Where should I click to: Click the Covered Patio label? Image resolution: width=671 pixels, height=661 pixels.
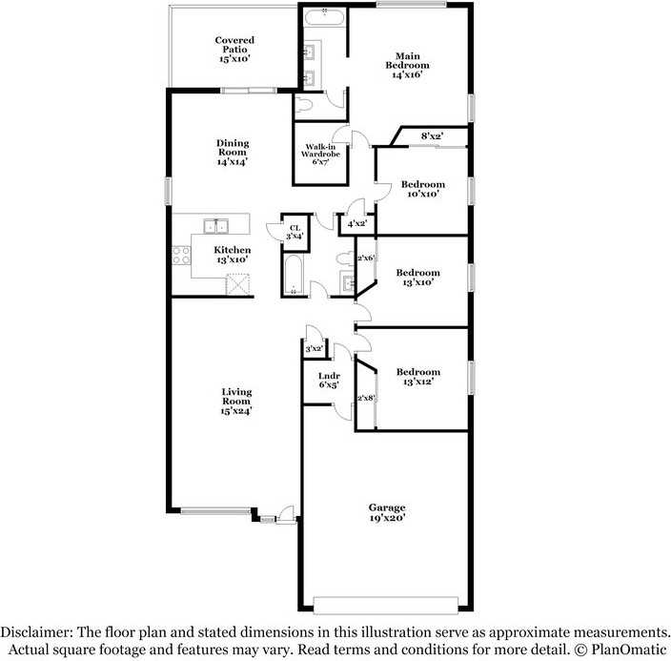(234, 50)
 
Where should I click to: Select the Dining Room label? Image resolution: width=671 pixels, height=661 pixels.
(232, 153)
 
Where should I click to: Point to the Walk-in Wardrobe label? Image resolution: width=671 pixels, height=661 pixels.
(320, 154)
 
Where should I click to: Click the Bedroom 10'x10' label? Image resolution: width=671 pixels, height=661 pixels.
(422, 189)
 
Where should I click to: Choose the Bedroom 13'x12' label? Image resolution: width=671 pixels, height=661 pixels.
(418, 377)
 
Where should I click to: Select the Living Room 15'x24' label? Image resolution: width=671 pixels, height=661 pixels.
(235, 402)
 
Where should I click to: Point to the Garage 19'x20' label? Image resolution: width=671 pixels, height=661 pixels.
(387, 512)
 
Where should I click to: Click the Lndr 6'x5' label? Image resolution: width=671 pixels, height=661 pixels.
(328, 382)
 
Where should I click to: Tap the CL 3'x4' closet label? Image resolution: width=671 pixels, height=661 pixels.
(295, 232)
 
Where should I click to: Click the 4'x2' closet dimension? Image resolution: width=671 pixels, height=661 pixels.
(357, 224)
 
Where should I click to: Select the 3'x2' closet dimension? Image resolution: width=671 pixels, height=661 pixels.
(314, 350)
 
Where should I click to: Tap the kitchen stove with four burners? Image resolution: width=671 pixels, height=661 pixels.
(181, 256)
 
